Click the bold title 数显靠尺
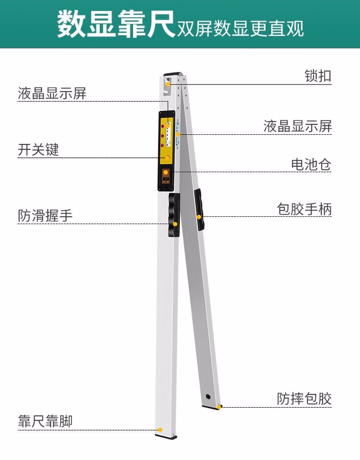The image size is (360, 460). (116, 25)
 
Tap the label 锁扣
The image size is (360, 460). (318, 76)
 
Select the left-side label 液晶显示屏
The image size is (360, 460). (52, 93)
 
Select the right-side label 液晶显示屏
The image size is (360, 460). (298, 126)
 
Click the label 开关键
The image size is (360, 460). (38, 150)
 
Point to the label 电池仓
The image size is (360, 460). (311, 165)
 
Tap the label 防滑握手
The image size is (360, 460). (46, 216)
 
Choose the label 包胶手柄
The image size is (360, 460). (304, 209)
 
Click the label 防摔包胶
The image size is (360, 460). (304, 399)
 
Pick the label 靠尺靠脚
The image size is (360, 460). (46, 422)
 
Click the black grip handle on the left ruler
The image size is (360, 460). (174, 215)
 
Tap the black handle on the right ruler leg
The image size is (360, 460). (199, 209)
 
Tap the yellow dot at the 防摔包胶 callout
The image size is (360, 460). (219, 407)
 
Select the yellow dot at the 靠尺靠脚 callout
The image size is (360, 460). (160, 430)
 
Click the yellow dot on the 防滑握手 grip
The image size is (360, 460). (175, 224)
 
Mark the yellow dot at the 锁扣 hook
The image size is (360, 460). (168, 84)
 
